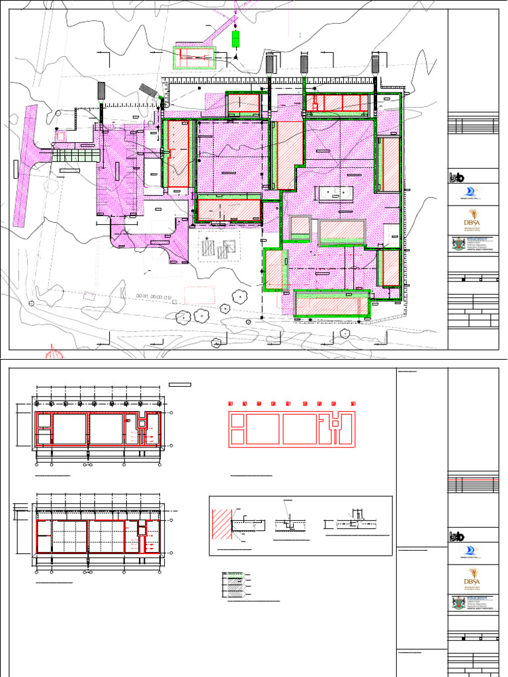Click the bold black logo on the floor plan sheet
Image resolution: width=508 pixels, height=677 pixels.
456,536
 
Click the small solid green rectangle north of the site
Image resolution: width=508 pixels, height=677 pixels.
235,39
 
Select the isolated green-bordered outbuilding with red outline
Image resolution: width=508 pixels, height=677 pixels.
194,58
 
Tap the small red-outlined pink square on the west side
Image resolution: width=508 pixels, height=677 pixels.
61,136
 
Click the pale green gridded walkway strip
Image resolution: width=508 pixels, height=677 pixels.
75,155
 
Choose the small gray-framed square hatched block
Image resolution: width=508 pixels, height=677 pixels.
300,226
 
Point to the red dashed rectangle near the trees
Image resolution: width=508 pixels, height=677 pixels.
198,295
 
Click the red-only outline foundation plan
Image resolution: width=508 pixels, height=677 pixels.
292,428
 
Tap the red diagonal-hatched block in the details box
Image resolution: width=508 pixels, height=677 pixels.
222,526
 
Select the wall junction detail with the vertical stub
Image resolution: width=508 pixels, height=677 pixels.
355,522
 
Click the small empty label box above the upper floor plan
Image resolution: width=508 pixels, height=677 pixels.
180,384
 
